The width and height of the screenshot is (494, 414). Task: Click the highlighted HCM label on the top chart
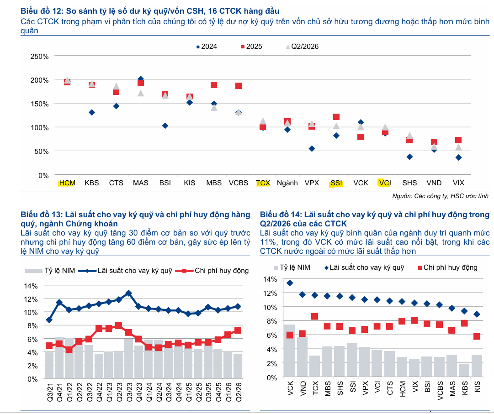tap(67, 183)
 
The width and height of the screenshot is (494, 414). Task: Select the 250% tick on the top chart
tap(39, 57)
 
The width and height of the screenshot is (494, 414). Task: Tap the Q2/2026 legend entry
tap(302, 47)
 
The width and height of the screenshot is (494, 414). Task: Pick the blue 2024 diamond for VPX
tap(312, 148)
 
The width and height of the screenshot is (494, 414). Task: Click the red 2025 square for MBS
tap(214, 85)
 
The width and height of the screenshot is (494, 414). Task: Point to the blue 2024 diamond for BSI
tap(165, 126)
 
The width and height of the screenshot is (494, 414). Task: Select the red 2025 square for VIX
tap(458, 140)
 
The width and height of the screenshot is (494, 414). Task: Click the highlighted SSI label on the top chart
tap(336, 183)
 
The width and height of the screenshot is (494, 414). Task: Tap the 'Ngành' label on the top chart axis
tap(287, 183)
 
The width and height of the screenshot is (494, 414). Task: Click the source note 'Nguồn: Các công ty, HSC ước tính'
tap(440, 196)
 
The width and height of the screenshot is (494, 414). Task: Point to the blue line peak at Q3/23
tap(128, 293)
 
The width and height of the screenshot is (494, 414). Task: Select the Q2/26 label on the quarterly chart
tap(239, 392)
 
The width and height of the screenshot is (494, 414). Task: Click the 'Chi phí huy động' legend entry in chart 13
tap(212, 271)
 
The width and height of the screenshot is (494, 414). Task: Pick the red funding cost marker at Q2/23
tap(118, 325)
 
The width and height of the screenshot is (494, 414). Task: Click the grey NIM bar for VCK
tap(290, 351)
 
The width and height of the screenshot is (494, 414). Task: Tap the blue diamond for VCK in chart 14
tap(290, 283)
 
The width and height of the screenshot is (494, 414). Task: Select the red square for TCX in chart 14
tap(314, 316)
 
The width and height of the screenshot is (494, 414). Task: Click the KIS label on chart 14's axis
tap(477, 387)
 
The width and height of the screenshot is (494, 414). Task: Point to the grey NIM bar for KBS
tap(464, 370)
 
